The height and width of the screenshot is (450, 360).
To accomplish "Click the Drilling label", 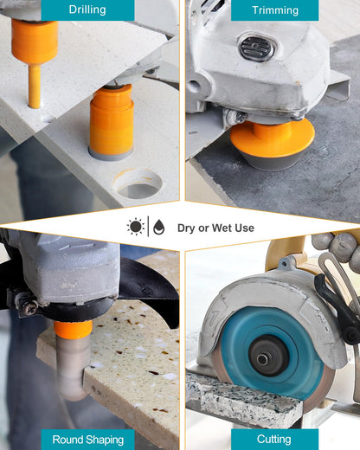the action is pyautogui.click(x=87, y=10).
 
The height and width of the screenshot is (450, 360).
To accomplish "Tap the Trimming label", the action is pyautogui.click(x=275, y=10).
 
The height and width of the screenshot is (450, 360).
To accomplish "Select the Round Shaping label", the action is pyautogui.click(x=87, y=440).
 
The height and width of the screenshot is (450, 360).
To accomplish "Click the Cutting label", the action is pyautogui.click(x=274, y=440).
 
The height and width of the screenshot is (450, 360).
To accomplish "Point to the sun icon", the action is pyautogui.click(x=136, y=227).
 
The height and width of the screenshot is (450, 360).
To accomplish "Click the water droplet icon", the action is pyautogui.click(x=159, y=227).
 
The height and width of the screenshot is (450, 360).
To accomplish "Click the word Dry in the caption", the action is pyautogui.click(x=187, y=228).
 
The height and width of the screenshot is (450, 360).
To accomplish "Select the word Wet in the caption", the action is pyautogui.click(x=222, y=228).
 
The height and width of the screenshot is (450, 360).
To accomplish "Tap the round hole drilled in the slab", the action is pyautogui.click(x=138, y=183).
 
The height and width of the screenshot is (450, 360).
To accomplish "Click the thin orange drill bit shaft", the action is pyautogui.click(x=35, y=86).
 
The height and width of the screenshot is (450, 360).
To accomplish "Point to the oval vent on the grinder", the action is pyautogui.click(x=257, y=48).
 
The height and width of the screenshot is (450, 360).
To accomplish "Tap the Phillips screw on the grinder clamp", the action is pyautogui.click(x=29, y=307).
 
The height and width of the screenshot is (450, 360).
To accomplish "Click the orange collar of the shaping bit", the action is pyautogui.click(x=73, y=329).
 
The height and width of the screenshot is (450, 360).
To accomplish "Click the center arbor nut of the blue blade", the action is pyautogui.click(x=262, y=359).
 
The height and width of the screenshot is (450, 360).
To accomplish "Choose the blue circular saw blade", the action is pyautogui.click(x=271, y=353).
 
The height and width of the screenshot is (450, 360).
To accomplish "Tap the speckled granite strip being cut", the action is pyautogui.click(x=244, y=401).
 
